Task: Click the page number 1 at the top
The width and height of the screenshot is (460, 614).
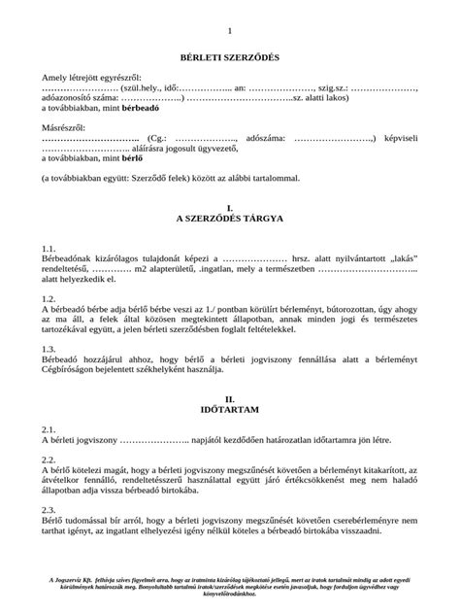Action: coord(230,32)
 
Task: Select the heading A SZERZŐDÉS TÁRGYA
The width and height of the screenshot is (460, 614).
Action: coord(229,220)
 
